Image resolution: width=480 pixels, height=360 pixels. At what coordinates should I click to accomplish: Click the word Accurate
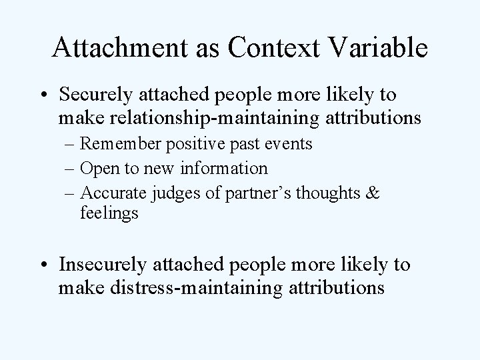[x=111, y=193]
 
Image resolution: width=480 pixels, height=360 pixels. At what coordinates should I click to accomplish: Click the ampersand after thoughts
[x=373, y=193]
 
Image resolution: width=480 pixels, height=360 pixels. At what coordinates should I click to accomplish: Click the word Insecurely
[x=109, y=264]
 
